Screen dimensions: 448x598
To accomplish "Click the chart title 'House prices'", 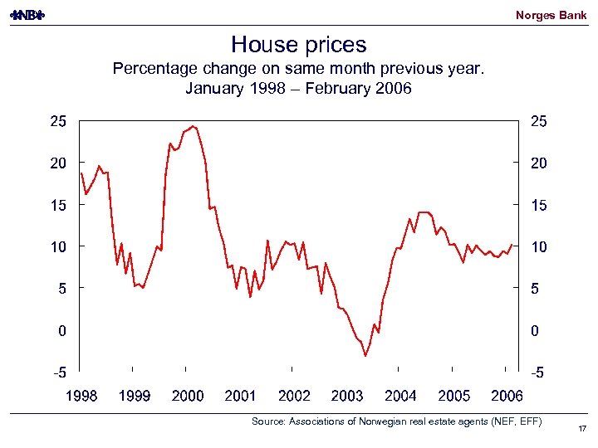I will (x=298, y=44).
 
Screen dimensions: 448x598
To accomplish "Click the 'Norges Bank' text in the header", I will (x=551, y=15).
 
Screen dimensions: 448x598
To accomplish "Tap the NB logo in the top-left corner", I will (x=26, y=15).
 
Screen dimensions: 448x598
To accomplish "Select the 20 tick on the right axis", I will (x=539, y=163).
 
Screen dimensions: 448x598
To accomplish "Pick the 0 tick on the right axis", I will (x=535, y=331).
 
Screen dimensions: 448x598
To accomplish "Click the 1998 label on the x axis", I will (x=81, y=396).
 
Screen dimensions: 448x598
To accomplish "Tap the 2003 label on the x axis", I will (x=347, y=396).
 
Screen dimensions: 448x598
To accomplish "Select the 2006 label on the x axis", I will (x=507, y=396).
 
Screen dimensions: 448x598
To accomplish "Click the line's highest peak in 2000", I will (x=193, y=126).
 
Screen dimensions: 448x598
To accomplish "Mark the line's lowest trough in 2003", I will (x=365, y=356).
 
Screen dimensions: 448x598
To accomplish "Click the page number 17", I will (x=582, y=429).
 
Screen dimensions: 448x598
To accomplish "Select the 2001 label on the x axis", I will (x=241, y=396).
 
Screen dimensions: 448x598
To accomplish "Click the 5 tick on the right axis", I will (x=535, y=289).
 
